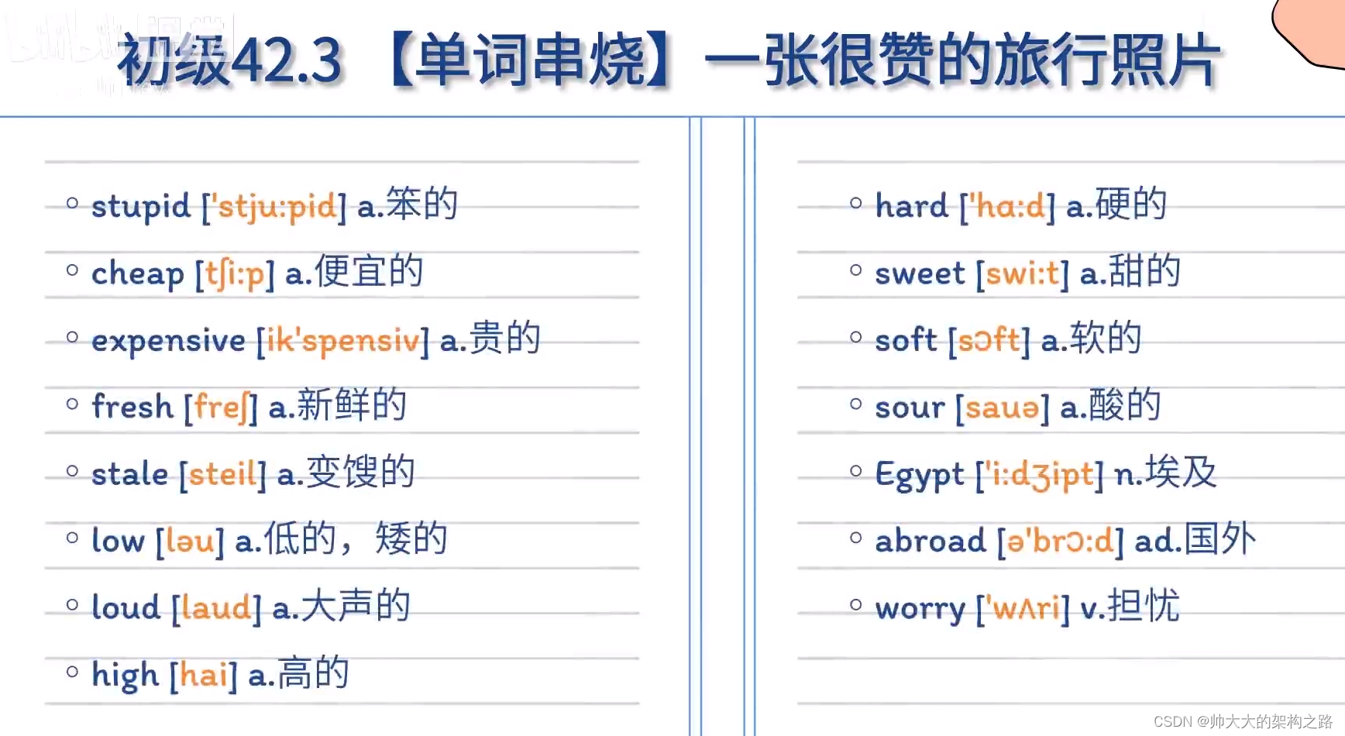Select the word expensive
tap(168, 341)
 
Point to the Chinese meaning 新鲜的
tap(351, 405)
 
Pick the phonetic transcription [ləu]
tap(190, 541)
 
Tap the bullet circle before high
tap(72, 672)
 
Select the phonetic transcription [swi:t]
tap(1022, 273)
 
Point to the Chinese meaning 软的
tap(1106, 339)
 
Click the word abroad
tap(930, 541)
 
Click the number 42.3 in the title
tap(286, 61)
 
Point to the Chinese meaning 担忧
tap(1143, 606)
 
